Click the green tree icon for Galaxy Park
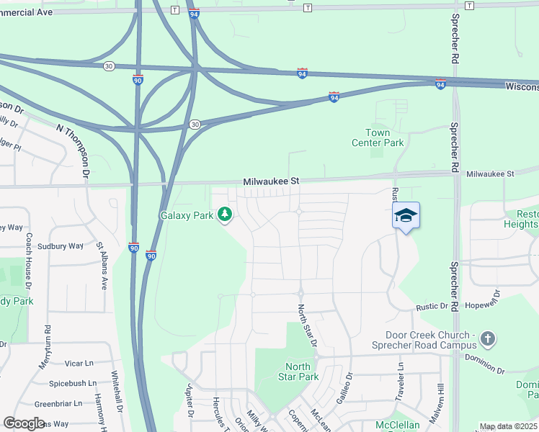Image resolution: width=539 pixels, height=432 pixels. pos(226,215)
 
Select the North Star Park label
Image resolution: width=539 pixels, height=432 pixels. pos(298,371)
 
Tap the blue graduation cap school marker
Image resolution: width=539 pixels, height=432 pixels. pos(406,215)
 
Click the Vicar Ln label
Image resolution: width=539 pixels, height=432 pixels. pos(79,364)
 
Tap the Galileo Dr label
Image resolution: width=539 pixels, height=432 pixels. pos(349,387)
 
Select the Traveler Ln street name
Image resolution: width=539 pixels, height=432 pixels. pos(401,381)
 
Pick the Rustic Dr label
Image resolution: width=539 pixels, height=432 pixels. pos(432,307)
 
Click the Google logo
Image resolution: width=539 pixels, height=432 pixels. pos(25,423)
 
